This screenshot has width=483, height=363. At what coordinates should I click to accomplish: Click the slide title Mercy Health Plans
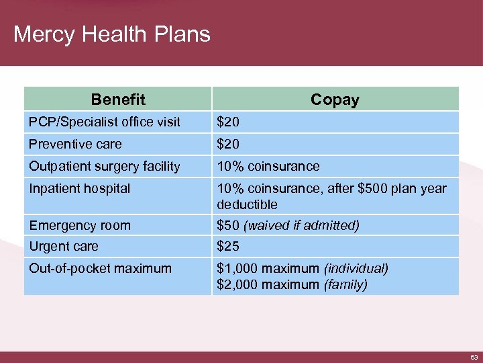tap(111, 34)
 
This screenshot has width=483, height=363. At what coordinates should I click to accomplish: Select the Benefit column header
tap(118, 100)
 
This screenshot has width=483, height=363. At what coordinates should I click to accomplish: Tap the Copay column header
tap(335, 100)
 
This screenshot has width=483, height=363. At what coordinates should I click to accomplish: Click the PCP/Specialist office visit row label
tap(104, 122)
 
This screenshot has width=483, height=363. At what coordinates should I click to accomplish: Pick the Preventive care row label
tap(75, 144)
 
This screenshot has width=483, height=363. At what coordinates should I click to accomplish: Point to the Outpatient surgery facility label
tap(104, 166)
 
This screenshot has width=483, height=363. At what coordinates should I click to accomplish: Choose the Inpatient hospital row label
tap(79, 188)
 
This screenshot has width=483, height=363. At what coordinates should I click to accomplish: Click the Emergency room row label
tap(79, 225)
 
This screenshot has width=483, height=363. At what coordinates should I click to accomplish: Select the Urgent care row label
tap(63, 247)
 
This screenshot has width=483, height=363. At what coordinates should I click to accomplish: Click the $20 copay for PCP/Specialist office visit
tap(227, 122)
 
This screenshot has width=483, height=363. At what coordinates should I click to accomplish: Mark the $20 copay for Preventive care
tap(227, 144)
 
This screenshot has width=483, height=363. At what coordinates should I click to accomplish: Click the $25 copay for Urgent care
tap(227, 247)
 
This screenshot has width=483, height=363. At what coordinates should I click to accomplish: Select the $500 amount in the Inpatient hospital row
tap(372, 188)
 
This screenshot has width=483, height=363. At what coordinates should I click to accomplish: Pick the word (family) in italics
tap(345, 284)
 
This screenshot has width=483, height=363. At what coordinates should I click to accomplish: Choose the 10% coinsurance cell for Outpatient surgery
tap(268, 166)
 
